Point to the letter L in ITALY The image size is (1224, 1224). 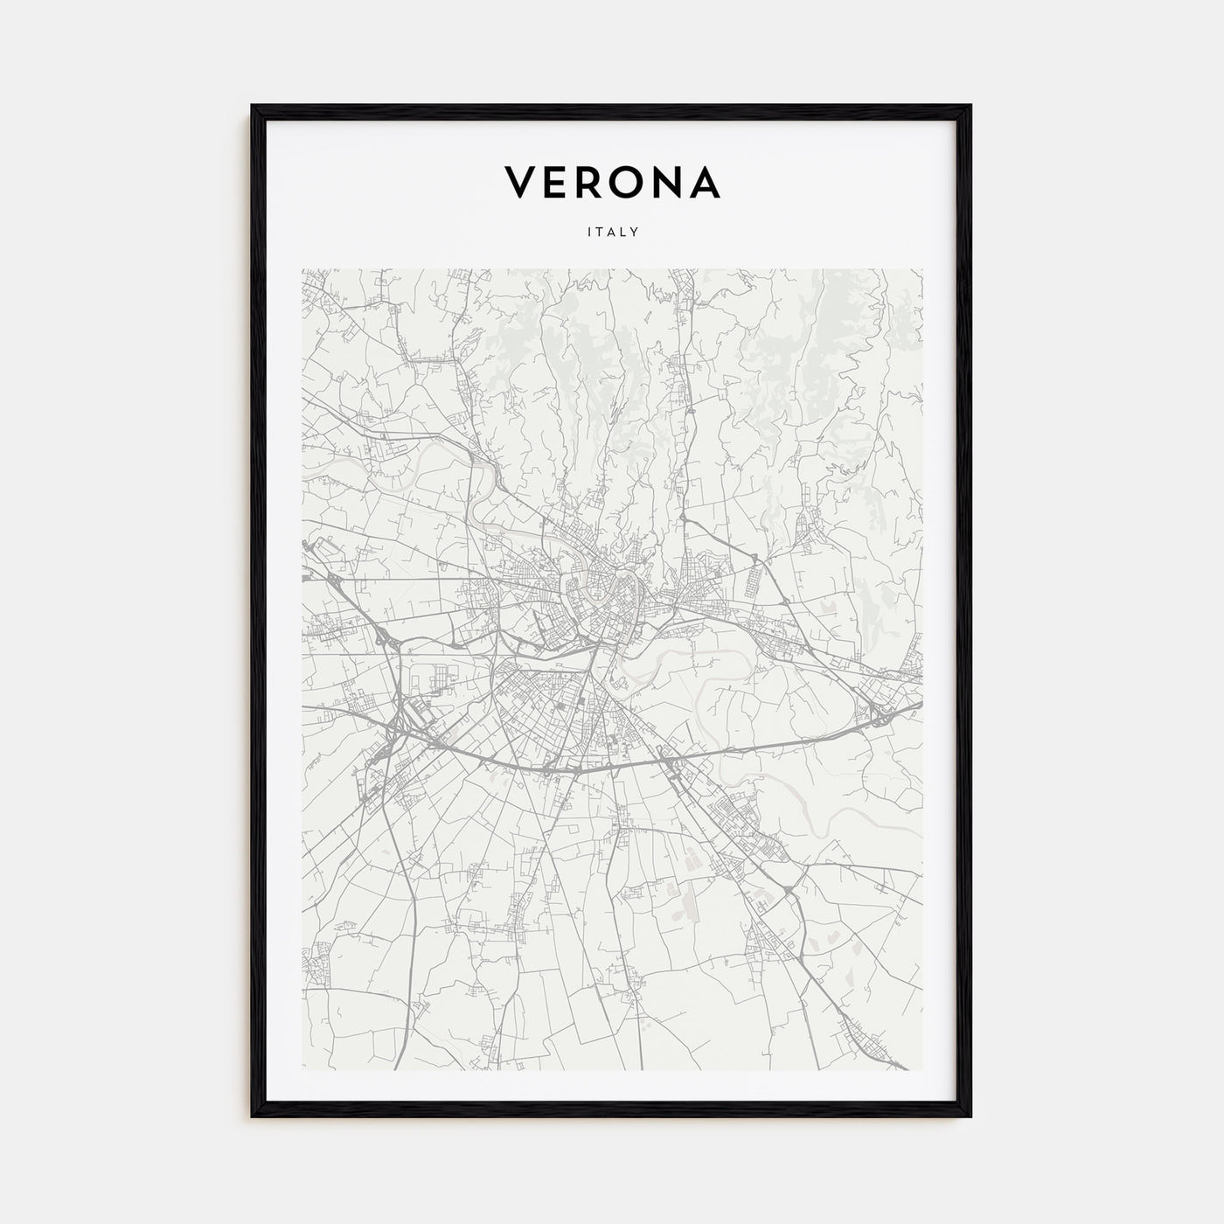pyautogui.click(x=623, y=233)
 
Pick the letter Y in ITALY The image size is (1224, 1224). pyautogui.click(x=636, y=233)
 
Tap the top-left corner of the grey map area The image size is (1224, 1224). pyautogui.click(x=303, y=269)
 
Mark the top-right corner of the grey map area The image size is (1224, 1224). pyautogui.click(x=921, y=269)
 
